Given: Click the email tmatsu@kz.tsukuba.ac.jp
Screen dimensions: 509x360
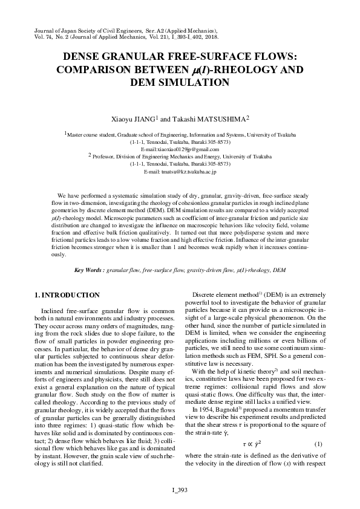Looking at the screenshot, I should tap(180, 172).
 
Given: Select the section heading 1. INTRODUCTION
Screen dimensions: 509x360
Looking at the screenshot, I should tap(67, 295).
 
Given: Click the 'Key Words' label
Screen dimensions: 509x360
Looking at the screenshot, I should tap(88, 270).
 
